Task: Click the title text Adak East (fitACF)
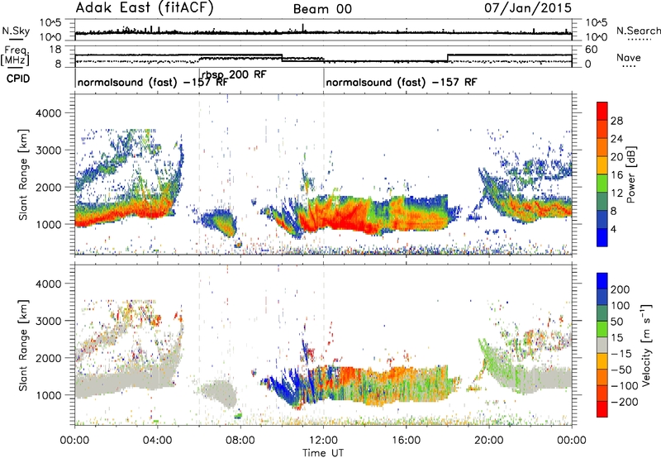(x=145, y=8)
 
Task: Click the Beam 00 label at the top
(x=322, y=9)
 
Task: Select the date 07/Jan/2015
(x=528, y=8)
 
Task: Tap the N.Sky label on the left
(x=16, y=31)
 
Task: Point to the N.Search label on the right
(x=639, y=31)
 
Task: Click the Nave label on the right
(x=629, y=57)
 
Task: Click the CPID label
(x=18, y=79)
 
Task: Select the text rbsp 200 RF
(x=234, y=75)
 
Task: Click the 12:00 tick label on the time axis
(x=323, y=441)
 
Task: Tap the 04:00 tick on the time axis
(x=158, y=441)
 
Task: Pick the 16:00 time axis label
(x=406, y=441)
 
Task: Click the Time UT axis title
(x=323, y=452)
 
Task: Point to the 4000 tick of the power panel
(x=49, y=113)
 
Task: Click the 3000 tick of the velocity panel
(x=49, y=321)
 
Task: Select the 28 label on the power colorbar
(x=616, y=121)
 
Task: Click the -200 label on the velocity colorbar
(x=624, y=402)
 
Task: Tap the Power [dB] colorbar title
(x=631, y=175)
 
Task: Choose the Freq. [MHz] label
(x=17, y=56)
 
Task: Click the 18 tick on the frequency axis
(x=55, y=50)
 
